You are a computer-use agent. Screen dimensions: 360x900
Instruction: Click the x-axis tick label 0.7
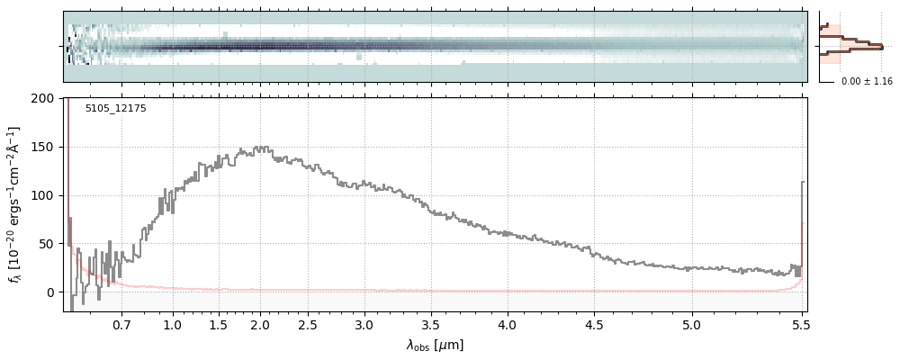click(x=121, y=325)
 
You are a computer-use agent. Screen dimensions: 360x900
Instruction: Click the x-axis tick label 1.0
click(x=172, y=325)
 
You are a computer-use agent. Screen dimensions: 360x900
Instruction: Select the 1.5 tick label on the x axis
click(x=219, y=325)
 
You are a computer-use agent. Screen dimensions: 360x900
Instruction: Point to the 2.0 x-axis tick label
click(x=260, y=325)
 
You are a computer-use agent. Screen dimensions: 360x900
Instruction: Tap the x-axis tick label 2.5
click(x=308, y=325)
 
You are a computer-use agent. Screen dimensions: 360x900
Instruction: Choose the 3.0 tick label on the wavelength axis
click(x=364, y=325)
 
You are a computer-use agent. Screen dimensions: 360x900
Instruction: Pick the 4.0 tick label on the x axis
click(x=508, y=325)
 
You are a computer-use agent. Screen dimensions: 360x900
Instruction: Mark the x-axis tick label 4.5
click(x=595, y=325)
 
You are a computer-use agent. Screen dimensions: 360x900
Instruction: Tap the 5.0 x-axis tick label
click(x=691, y=325)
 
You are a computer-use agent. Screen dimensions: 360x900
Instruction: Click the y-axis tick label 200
click(x=43, y=98)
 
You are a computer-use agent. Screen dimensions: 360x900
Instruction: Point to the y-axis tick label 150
click(x=43, y=147)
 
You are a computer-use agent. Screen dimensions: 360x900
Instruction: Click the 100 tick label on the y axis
click(x=43, y=195)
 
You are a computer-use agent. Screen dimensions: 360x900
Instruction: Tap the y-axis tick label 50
click(x=47, y=244)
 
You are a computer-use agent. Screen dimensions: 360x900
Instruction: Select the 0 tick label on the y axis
click(x=50, y=292)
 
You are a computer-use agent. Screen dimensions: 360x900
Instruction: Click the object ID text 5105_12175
click(x=115, y=109)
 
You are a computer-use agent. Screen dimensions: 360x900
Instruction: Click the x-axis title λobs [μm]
click(x=435, y=345)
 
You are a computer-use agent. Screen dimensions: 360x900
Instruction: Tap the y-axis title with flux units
click(x=14, y=204)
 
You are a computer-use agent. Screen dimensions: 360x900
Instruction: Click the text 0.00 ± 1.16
click(x=866, y=82)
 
